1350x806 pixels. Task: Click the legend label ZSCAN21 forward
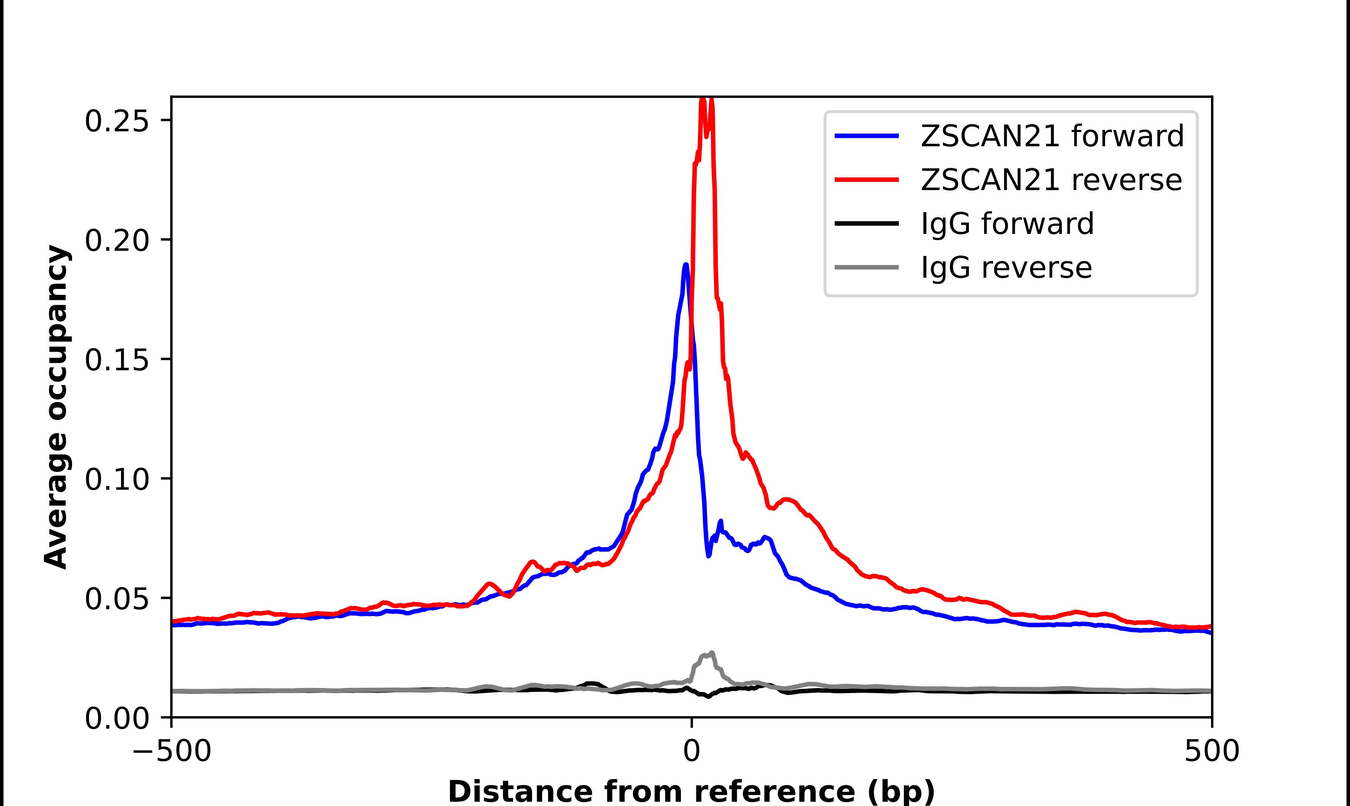1052,136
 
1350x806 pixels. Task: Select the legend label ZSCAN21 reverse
1051,180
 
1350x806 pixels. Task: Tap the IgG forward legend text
1007,224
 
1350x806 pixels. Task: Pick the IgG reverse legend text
1006,268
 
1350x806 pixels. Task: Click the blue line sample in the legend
867,136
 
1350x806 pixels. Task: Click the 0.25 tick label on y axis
117,121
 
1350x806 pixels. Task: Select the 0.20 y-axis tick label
117,241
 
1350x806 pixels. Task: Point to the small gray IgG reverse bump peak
711,653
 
